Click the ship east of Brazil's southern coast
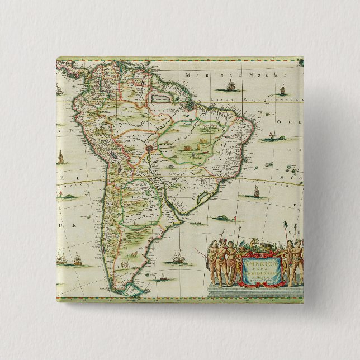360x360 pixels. pos(257,192)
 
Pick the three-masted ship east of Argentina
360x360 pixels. pos(178,257)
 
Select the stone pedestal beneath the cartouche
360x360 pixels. pos(254,290)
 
